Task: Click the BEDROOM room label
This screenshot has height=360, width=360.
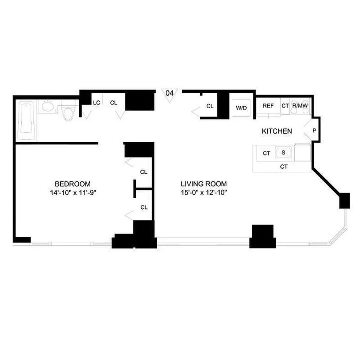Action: pos(72,184)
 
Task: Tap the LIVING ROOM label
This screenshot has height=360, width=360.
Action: pos(203,184)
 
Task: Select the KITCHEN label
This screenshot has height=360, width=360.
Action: pos(277,131)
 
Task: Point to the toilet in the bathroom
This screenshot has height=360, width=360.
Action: pos(68,113)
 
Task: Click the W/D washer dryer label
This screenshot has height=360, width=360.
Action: pos(242,108)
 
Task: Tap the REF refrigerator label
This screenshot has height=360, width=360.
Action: pos(268,106)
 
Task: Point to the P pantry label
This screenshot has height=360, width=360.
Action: pos(314,131)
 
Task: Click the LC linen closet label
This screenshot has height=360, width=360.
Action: pos(96,103)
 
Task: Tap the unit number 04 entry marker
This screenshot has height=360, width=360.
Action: pos(170,93)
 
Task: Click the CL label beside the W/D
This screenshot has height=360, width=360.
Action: pos(210,106)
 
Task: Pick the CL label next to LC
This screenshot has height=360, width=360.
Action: pos(113,103)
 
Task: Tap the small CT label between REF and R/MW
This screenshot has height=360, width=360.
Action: pos(284,106)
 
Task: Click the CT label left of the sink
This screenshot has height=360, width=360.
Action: pos(266,153)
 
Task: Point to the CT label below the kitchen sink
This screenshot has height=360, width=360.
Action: pos(283,166)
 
